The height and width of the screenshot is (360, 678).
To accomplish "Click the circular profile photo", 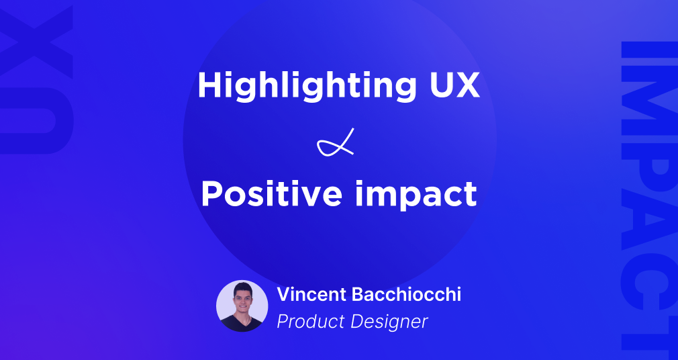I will click(x=242, y=306).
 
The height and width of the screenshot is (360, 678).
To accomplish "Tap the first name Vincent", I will click(x=309, y=295).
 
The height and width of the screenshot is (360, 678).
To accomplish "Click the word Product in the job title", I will click(x=311, y=322).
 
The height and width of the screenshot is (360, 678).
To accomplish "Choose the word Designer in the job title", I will click(x=390, y=322).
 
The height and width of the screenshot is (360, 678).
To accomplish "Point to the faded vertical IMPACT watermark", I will click(x=646, y=195).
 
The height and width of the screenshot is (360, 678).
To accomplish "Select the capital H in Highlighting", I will click(x=209, y=85).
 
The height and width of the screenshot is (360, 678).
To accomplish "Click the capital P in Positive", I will click(x=212, y=194).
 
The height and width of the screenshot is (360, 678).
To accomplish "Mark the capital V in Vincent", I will click(x=283, y=295).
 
